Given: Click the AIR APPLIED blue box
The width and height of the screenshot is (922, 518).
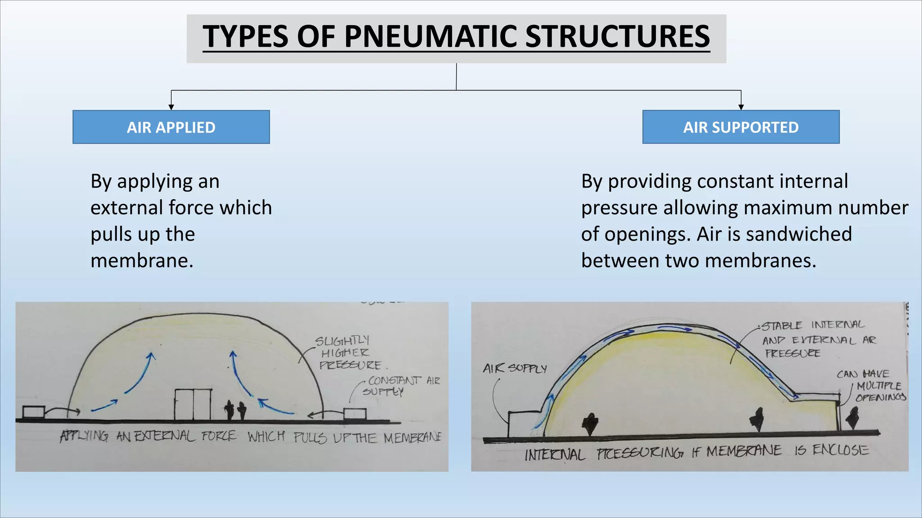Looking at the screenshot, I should click(x=171, y=127).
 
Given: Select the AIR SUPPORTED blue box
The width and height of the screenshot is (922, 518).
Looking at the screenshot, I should click(x=741, y=127).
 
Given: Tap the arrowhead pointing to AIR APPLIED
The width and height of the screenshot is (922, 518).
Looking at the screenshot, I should click(x=171, y=107).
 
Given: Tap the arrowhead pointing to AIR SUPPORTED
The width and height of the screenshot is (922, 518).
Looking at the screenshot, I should click(x=741, y=107).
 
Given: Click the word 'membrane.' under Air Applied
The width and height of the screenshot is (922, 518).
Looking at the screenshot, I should click(x=142, y=261).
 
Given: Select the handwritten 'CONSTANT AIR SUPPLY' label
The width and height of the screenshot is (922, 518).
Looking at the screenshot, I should click(x=401, y=386).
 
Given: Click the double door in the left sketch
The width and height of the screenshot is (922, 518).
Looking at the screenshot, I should click(x=193, y=404).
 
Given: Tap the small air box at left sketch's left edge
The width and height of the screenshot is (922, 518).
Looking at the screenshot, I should click(x=34, y=411).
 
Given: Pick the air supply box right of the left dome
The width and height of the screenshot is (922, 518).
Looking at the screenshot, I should click(x=355, y=414).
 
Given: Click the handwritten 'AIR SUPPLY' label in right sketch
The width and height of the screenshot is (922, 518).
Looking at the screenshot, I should click(x=515, y=369).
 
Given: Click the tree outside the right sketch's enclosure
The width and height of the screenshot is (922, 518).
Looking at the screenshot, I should click(x=852, y=418).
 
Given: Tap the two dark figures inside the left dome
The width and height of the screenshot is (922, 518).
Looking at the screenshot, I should click(x=235, y=410).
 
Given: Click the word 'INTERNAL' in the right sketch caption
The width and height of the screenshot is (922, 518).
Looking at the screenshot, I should click(x=555, y=455).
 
